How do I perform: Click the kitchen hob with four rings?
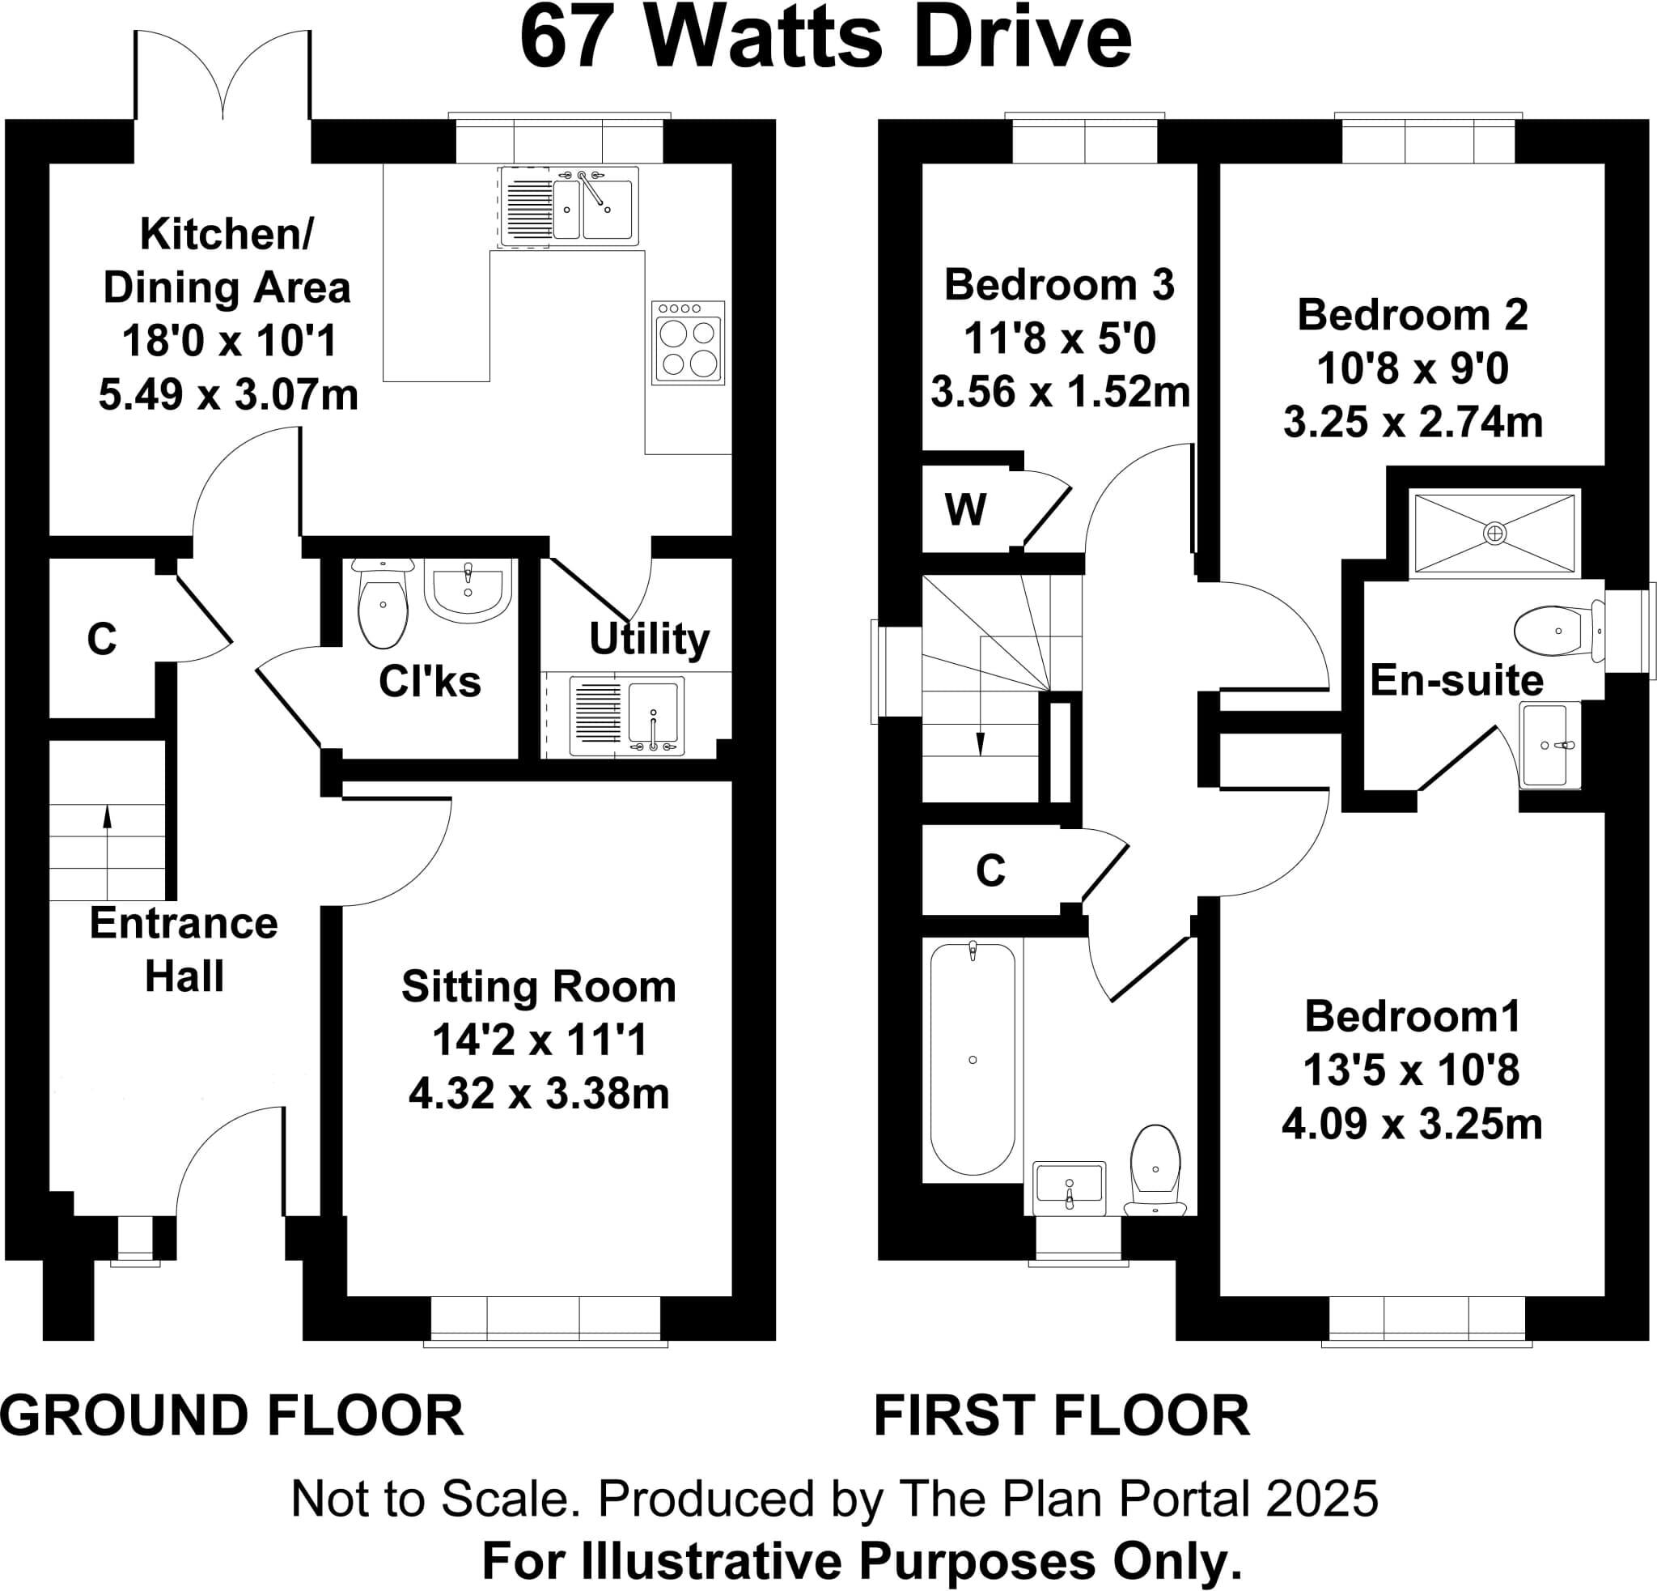(x=689, y=342)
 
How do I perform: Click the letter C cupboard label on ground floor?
(x=101, y=640)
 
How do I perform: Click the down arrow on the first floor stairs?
(x=980, y=743)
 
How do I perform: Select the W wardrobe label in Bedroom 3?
(x=965, y=510)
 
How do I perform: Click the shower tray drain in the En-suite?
(x=1494, y=533)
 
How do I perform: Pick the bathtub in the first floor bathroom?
(x=973, y=1059)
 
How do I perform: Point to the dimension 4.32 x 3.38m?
(x=539, y=1094)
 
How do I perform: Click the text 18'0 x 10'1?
(x=229, y=342)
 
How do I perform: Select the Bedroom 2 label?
(x=1412, y=316)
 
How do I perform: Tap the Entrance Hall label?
(x=184, y=949)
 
